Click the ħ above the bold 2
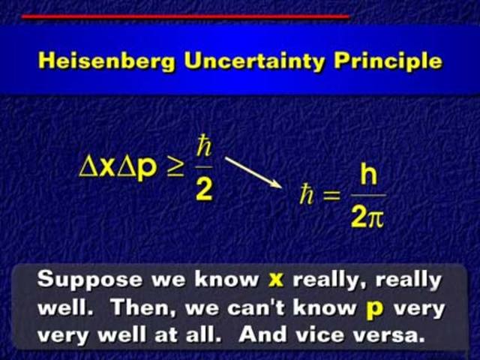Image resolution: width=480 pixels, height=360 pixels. click(204, 144)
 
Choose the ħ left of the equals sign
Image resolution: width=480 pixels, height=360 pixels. click(306, 196)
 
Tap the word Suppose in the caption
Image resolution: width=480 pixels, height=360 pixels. click(79, 280)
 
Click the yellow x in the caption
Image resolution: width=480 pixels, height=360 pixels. click(276, 280)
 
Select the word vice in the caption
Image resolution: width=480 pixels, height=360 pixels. click(342, 332)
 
